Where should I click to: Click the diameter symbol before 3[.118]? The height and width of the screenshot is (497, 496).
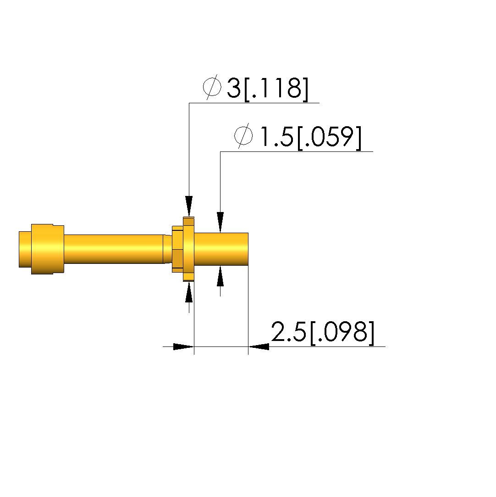click(212, 87)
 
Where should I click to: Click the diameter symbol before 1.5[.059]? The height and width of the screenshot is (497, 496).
click(243, 136)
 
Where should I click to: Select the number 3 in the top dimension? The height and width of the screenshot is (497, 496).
click(234, 88)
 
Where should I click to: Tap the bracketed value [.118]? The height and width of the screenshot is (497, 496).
click(276, 89)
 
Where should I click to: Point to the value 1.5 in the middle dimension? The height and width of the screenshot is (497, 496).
click(276, 137)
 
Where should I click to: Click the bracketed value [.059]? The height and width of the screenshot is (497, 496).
click(329, 138)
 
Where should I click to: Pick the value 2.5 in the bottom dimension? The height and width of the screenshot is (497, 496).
click(289, 332)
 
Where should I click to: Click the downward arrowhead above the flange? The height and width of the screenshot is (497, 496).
click(189, 207)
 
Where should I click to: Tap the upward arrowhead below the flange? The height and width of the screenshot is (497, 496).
click(189, 292)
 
